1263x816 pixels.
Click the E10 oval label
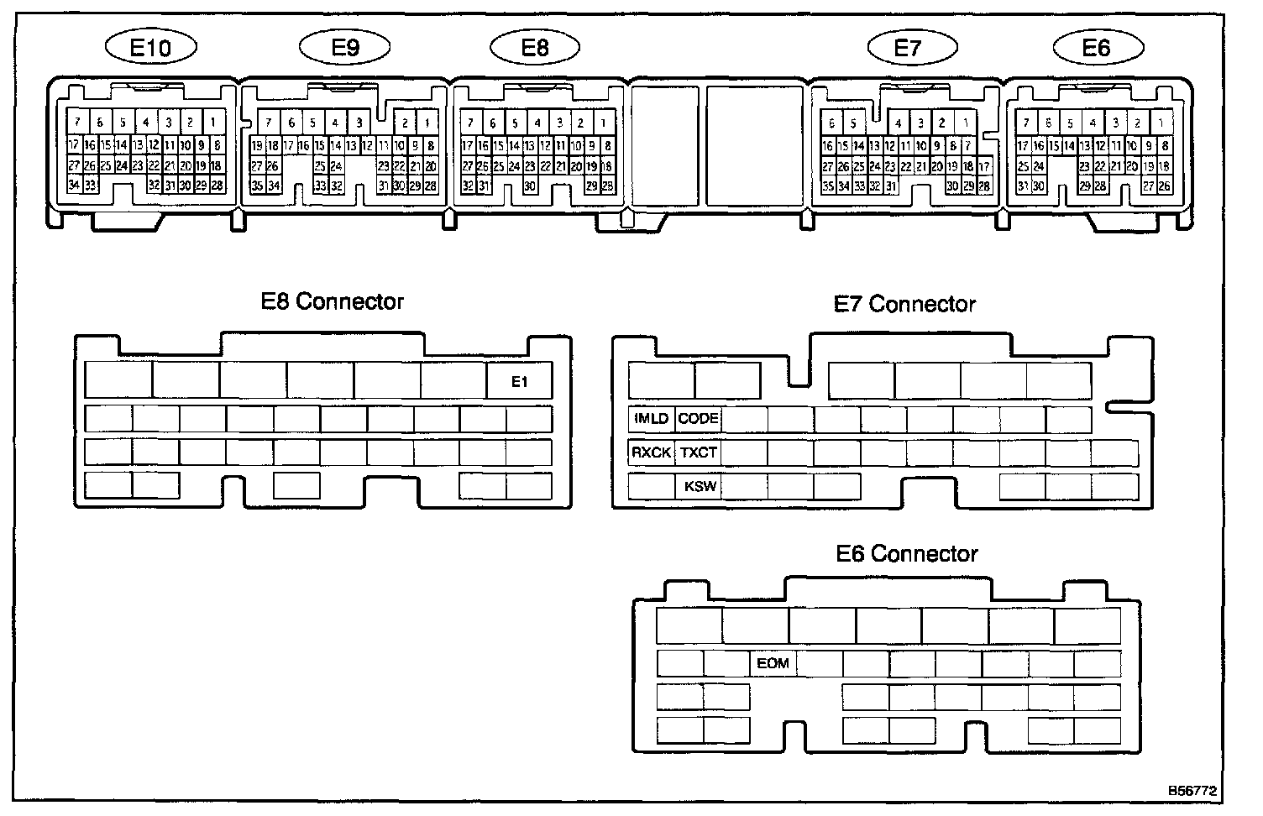[x=151, y=48]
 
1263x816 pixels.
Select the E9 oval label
[x=345, y=48]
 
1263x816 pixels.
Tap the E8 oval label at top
[x=535, y=48]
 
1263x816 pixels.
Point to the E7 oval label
[x=908, y=48]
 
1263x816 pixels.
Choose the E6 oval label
[x=1096, y=48]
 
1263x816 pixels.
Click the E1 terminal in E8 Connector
[x=520, y=382]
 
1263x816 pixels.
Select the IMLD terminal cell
[x=651, y=418]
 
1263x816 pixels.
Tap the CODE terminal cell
[x=698, y=418]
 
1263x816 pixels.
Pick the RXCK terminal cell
[x=651, y=452]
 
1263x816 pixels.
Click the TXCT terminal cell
[x=698, y=452]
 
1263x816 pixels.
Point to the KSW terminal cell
[x=700, y=486]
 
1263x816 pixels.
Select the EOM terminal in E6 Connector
[x=773, y=663]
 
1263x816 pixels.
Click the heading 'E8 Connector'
[x=333, y=302]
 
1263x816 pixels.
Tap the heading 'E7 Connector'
[x=904, y=304]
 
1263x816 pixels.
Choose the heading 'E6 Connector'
[x=907, y=554]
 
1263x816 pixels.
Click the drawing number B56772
[x=1192, y=791]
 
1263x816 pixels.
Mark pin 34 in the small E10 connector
[x=74, y=185]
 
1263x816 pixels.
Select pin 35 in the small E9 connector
[x=257, y=186]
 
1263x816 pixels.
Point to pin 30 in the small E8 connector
[x=530, y=186]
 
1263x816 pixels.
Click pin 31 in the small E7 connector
[x=890, y=186]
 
